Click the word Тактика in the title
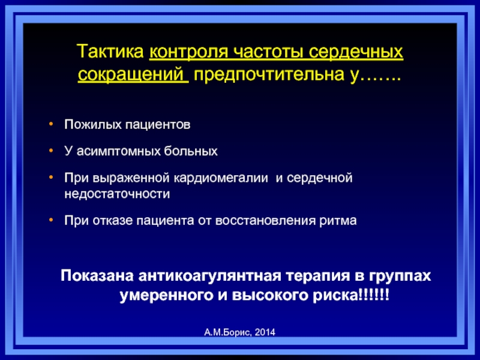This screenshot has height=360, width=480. (x=110, y=51)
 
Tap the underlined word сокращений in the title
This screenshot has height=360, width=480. (x=131, y=74)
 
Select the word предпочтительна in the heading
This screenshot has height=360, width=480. (x=268, y=74)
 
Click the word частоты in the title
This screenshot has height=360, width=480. (x=268, y=51)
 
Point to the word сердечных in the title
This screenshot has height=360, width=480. (x=355, y=52)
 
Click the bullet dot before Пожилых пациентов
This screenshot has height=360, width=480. (x=51, y=124)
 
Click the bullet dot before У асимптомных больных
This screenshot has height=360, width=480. (x=51, y=151)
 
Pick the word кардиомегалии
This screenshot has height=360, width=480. (x=221, y=178)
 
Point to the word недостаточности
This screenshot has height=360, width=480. (x=117, y=194)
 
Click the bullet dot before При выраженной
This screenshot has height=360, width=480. (x=51, y=177)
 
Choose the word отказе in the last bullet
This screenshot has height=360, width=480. (x=112, y=221)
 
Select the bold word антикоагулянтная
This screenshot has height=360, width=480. (x=209, y=276)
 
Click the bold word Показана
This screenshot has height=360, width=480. (x=97, y=275)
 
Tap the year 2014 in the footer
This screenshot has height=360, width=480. (x=265, y=332)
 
